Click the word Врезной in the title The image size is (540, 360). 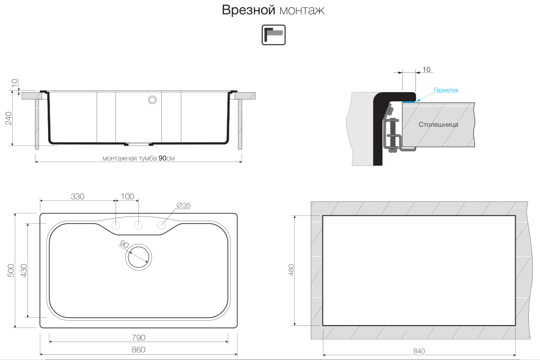pos(248,10)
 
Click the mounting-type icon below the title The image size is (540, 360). pos(273,35)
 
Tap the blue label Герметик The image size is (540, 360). pos(446,90)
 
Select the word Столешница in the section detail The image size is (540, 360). pos(438,124)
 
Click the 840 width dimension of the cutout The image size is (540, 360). pos(419,351)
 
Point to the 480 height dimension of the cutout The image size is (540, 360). pos(291,270)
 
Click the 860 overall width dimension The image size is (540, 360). pos(138,350)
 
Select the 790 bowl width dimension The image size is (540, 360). pos(138,338)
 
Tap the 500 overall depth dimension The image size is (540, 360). pos(11,271)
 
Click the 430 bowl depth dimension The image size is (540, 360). pos(23,271)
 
